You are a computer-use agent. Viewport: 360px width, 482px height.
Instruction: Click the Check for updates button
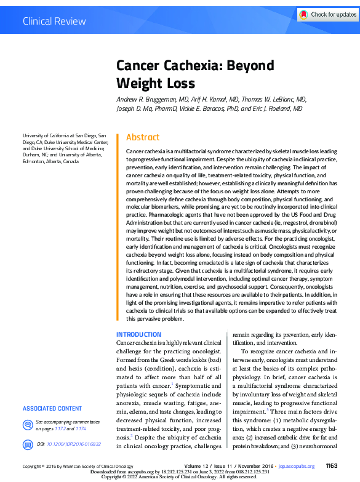(326, 14)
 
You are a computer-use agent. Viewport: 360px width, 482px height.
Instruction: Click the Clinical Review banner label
(54, 22)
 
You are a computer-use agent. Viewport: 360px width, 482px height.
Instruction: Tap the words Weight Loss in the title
(156, 83)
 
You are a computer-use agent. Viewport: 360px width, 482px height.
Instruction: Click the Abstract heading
(143, 137)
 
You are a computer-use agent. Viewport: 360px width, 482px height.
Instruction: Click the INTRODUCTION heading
(139, 334)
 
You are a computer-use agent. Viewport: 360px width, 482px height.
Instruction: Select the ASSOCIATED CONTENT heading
(52, 408)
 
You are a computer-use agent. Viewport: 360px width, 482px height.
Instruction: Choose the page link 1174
(80, 428)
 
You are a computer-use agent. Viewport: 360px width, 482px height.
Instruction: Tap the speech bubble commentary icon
(27, 425)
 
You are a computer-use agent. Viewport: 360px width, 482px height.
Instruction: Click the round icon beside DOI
(27, 443)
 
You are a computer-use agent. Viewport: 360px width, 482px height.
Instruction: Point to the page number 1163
(332, 467)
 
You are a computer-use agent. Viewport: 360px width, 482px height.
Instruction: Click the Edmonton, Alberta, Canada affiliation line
(50, 161)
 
